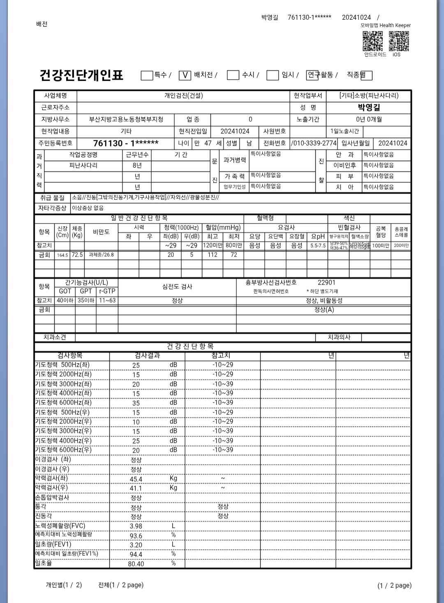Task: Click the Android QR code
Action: tap(372, 41)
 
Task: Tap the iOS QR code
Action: tap(399, 41)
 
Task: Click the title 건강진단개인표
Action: tap(81, 75)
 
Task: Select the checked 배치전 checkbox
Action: tap(185, 75)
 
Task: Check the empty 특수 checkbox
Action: tap(147, 75)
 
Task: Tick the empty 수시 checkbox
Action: tap(233, 75)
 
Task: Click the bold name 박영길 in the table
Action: tap(369, 108)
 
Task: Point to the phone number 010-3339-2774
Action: tap(314, 143)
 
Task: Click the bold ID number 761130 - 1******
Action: tap(126, 143)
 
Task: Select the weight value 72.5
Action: tap(77, 255)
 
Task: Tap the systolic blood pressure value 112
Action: tap(212, 255)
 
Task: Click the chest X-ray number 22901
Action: tap(326, 282)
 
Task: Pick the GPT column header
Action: tap(86, 291)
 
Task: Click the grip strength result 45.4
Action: tap(136, 479)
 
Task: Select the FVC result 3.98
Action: tap(136, 526)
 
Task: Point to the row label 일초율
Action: tap(44, 563)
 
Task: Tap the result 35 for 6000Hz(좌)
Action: tap(136, 403)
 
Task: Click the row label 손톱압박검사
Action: tap(52, 497)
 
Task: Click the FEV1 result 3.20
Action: tap(136, 545)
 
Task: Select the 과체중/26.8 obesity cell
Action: tap(101, 255)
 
